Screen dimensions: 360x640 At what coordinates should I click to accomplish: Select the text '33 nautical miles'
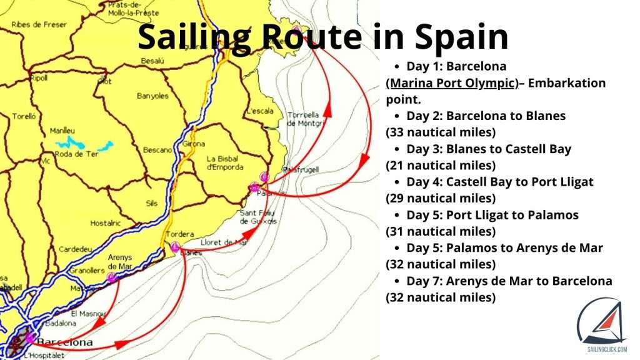click(x=441, y=132)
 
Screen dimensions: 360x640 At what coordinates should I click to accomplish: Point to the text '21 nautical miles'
click(x=441, y=166)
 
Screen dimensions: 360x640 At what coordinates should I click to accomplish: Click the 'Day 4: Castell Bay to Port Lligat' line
click(x=499, y=182)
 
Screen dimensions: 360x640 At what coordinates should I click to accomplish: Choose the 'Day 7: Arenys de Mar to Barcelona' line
click(x=509, y=281)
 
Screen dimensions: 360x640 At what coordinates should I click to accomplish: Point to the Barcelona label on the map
click(x=64, y=342)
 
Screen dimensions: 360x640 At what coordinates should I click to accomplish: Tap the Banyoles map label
click(x=154, y=96)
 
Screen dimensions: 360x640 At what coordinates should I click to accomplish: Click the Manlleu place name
click(x=62, y=131)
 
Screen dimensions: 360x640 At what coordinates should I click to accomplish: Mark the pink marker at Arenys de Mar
click(x=112, y=277)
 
